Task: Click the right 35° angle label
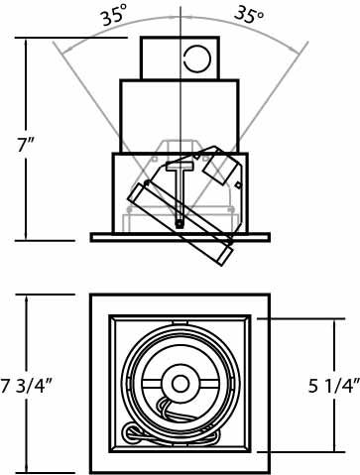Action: tap(249, 15)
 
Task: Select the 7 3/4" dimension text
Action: tap(27, 386)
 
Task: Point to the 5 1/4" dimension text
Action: tap(334, 386)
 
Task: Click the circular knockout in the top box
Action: tap(197, 59)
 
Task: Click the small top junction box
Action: tap(180, 58)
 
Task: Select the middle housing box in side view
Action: tap(180, 116)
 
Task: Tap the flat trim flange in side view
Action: tap(180, 237)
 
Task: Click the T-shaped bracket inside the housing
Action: tap(180, 193)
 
